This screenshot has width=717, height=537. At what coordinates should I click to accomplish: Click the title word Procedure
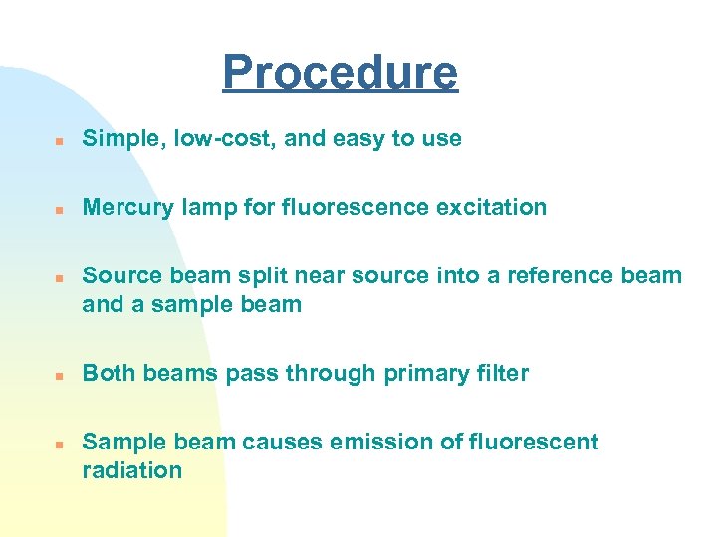[x=340, y=72]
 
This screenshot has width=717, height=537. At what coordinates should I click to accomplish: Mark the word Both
[x=109, y=374]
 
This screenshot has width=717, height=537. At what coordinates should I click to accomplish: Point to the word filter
[x=500, y=374]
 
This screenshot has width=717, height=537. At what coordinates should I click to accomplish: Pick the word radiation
[x=131, y=470]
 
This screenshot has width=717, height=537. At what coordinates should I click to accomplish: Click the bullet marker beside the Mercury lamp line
[x=60, y=209]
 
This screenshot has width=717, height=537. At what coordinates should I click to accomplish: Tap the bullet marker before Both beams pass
[x=60, y=375]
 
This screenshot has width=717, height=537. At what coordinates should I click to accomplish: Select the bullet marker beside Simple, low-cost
[x=60, y=140]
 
